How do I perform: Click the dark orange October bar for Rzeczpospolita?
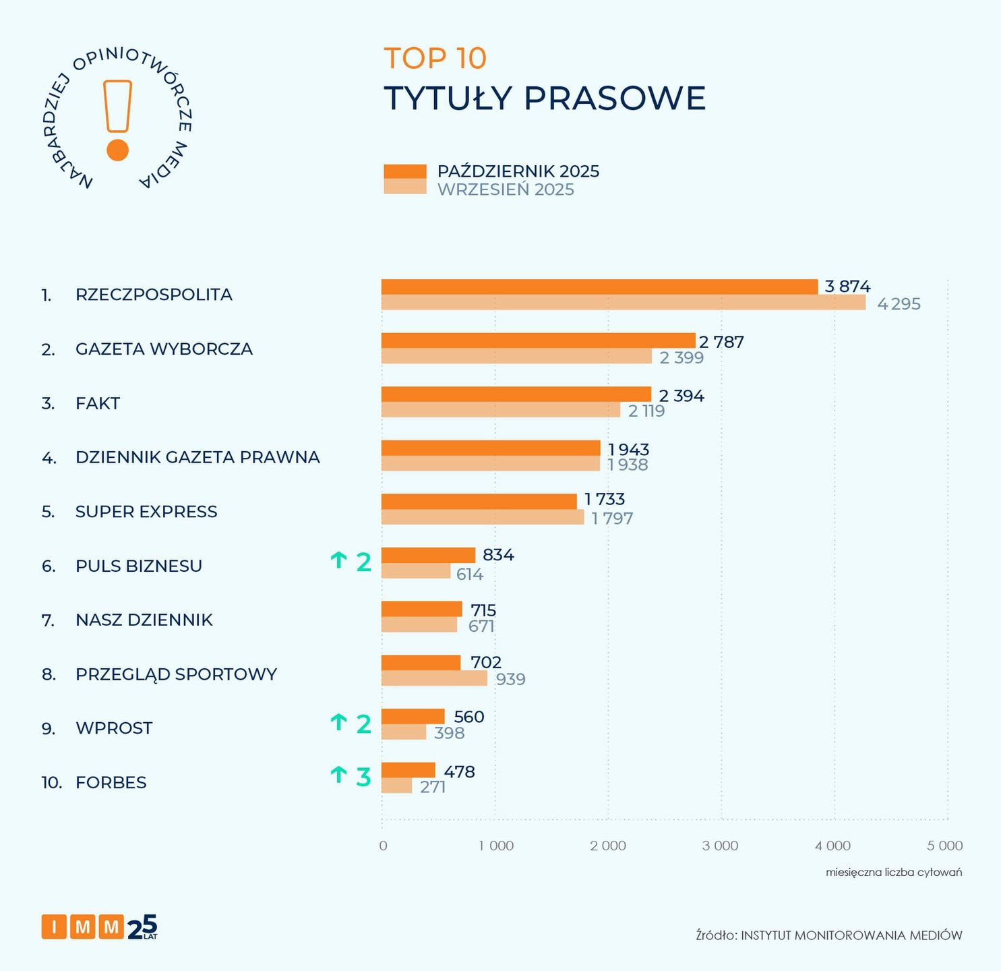click(599, 287)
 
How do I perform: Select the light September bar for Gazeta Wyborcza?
click(516, 357)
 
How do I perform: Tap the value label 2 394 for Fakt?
click(681, 396)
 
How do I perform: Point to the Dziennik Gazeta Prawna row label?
click(198, 457)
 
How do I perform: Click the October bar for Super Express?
click(479, 501)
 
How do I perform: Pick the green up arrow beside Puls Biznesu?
click(338, 560)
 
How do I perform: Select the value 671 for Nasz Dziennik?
click(481, 626)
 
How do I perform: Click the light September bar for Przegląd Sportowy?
click(434, 678)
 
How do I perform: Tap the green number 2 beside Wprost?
click(363, 724)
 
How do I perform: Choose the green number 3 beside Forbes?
click(363, 777)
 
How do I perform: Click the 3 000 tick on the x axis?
click(720, 846)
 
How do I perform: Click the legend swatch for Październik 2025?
click(405, 171)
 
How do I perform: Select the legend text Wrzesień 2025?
click(506, 189)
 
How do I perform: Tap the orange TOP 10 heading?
click(435, 58)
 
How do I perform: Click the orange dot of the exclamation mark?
click(118, 150)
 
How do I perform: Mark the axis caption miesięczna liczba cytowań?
click(894, 873)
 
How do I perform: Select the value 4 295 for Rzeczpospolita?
click(899, 304)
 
